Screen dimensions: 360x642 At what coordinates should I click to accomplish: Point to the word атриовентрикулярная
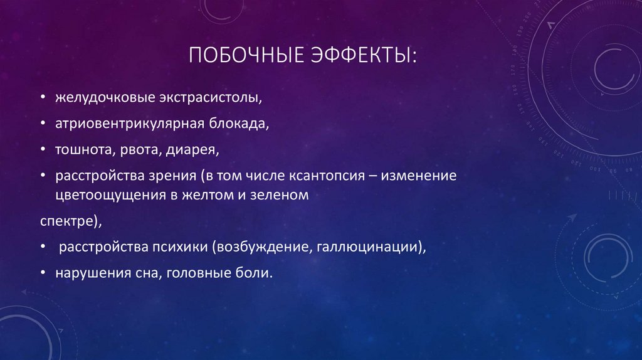click(128, 124)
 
